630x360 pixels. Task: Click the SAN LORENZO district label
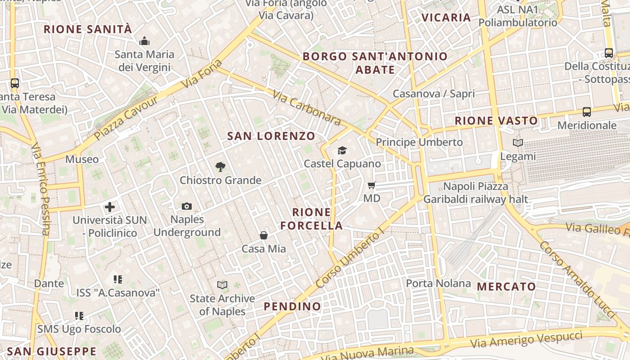click(x=271, y=136)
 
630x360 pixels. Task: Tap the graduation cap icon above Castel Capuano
click(x=342, y=150)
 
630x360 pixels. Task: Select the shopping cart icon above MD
click(x=372, y=185)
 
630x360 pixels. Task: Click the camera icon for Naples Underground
click(x=187, y=206)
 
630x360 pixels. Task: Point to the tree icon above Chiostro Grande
click(x=220, y=167)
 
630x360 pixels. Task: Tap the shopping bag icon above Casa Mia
click(x=264, y=235)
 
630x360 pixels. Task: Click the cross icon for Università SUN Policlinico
click(x=110, y=207)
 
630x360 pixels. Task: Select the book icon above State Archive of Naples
click(x=222, y=285)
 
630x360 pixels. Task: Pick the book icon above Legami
click(x=518, y=143)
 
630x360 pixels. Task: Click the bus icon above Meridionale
click(x=587, y=112)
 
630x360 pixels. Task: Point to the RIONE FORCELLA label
click(x=311, y=219)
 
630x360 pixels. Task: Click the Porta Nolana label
click(x=438, y=283)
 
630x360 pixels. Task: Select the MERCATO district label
click(x=506, y=287)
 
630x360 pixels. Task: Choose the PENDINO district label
click(x=292, y=306)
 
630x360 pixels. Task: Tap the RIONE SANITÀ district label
click(x=88, y=30)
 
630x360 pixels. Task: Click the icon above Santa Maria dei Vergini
click(x=144, y=41)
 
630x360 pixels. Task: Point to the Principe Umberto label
click(x=419, y=142)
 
